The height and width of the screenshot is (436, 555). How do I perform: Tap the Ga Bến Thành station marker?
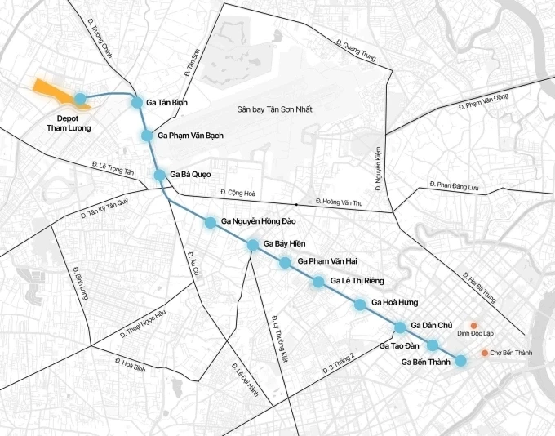(x=460, y=361)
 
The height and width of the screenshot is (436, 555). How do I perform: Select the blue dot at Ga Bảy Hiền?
(x=253, y=244)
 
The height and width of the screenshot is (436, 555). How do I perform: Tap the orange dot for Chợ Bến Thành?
(x=485, y=353)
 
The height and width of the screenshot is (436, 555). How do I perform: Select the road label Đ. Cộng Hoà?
(x=238, y=194)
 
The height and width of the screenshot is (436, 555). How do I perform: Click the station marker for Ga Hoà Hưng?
(x=360, y=305)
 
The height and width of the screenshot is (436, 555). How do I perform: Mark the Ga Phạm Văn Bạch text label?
(x=190, y=135)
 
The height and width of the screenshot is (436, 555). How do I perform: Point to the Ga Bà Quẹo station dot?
(x=160, y=175)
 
